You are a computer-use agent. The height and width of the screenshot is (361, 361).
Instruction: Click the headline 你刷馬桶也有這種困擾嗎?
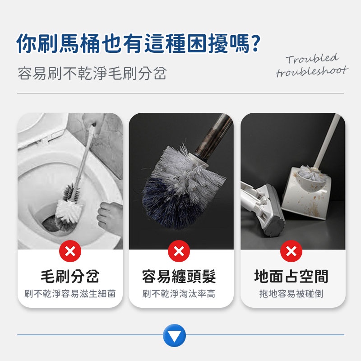pos(139,43)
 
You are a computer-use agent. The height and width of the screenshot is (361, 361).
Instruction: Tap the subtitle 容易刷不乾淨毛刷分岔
pos(92,73)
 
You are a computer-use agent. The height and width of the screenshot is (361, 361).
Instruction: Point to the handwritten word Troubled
pos(312,59)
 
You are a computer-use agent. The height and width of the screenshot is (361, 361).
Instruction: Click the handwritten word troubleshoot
pos(312,71)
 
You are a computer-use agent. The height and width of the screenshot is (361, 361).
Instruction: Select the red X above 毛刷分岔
pos(70,251)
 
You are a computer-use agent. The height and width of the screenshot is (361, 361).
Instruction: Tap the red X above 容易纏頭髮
pos(179,251)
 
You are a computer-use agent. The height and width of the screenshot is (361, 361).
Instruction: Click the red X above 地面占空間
pos(291,251)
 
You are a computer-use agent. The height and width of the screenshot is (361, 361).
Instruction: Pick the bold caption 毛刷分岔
pos(70,276)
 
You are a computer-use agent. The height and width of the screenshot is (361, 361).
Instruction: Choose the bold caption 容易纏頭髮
pos(179,276)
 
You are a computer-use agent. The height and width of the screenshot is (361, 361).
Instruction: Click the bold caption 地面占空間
pos(291,276)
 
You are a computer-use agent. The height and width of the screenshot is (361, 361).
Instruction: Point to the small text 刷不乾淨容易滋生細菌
pos(70,294)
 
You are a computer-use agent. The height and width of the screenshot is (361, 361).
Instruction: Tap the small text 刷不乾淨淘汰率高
pos(179,294)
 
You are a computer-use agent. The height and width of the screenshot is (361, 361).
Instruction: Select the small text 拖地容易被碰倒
pos(291,294)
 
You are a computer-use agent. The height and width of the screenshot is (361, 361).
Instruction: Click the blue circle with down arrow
pos(174,335)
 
